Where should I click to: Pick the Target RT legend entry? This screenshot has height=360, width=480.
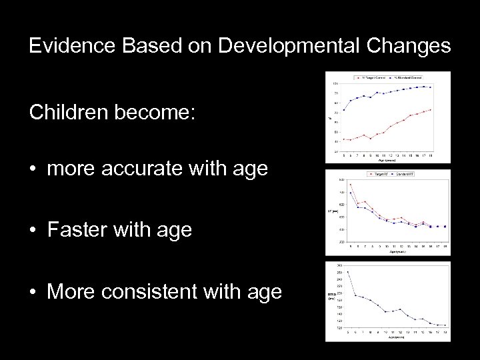[380, 174]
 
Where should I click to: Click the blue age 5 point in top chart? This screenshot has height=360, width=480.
[344, 110]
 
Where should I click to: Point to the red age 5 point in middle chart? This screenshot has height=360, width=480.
[350, 185]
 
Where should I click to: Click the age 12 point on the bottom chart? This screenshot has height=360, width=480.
[401, 310]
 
